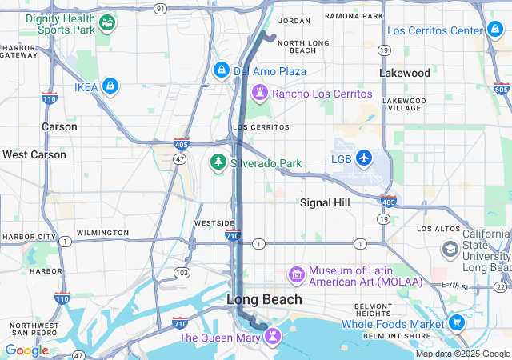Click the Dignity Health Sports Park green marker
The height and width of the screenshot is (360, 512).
coord(105,23)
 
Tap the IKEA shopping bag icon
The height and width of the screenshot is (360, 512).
coord(110,85)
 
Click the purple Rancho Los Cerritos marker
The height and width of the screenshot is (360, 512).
coord(259,93)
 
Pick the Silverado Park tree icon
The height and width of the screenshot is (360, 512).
coord(218,162)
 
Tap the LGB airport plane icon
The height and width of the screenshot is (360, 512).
coord(364,158)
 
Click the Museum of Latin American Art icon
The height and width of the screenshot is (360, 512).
coord(297,276)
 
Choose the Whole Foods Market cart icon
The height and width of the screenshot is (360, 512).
coord(457,323)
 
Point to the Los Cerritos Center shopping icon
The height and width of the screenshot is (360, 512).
coord(496,31)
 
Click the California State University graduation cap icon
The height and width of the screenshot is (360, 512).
coord(451,250)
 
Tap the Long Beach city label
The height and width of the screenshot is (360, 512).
coord(265,299)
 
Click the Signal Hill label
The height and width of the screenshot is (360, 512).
coord(325,202)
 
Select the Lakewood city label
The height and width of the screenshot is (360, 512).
coord(404,73)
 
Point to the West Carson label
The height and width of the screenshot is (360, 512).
coord(34,154)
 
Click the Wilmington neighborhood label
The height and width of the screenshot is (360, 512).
coord(102,233)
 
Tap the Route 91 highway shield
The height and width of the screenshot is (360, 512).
coord(161,8)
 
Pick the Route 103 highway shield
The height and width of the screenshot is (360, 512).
coord(182,273)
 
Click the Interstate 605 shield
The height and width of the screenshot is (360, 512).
coord(502,88)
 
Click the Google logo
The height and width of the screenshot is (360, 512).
coord(26,350)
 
